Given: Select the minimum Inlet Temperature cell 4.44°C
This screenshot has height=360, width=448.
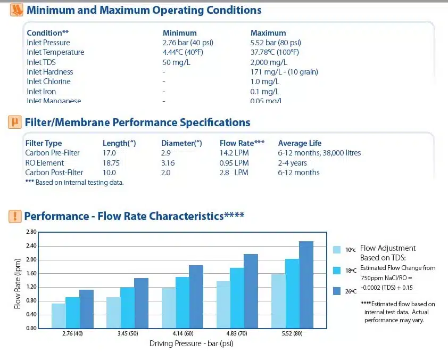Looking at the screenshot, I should coord(183,52).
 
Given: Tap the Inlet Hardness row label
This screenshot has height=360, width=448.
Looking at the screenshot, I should coord(50,72).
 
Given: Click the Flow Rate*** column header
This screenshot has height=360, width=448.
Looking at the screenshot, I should coord(242,143).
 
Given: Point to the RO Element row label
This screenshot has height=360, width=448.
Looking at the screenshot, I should coord(45,163).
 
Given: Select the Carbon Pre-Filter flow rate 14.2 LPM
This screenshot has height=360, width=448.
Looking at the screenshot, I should coord(234,153).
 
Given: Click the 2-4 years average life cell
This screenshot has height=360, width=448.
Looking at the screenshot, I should coord(293,163).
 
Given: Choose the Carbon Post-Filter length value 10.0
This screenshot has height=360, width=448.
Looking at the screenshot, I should coord(109,173).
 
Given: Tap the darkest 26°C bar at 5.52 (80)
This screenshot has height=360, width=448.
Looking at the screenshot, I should coord(306,284).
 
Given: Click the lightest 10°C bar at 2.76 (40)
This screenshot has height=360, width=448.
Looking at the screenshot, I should coord(59,315).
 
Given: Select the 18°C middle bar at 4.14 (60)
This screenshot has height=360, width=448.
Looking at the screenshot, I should coord(182,302).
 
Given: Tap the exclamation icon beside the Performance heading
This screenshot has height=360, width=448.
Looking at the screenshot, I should coord(15,216).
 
